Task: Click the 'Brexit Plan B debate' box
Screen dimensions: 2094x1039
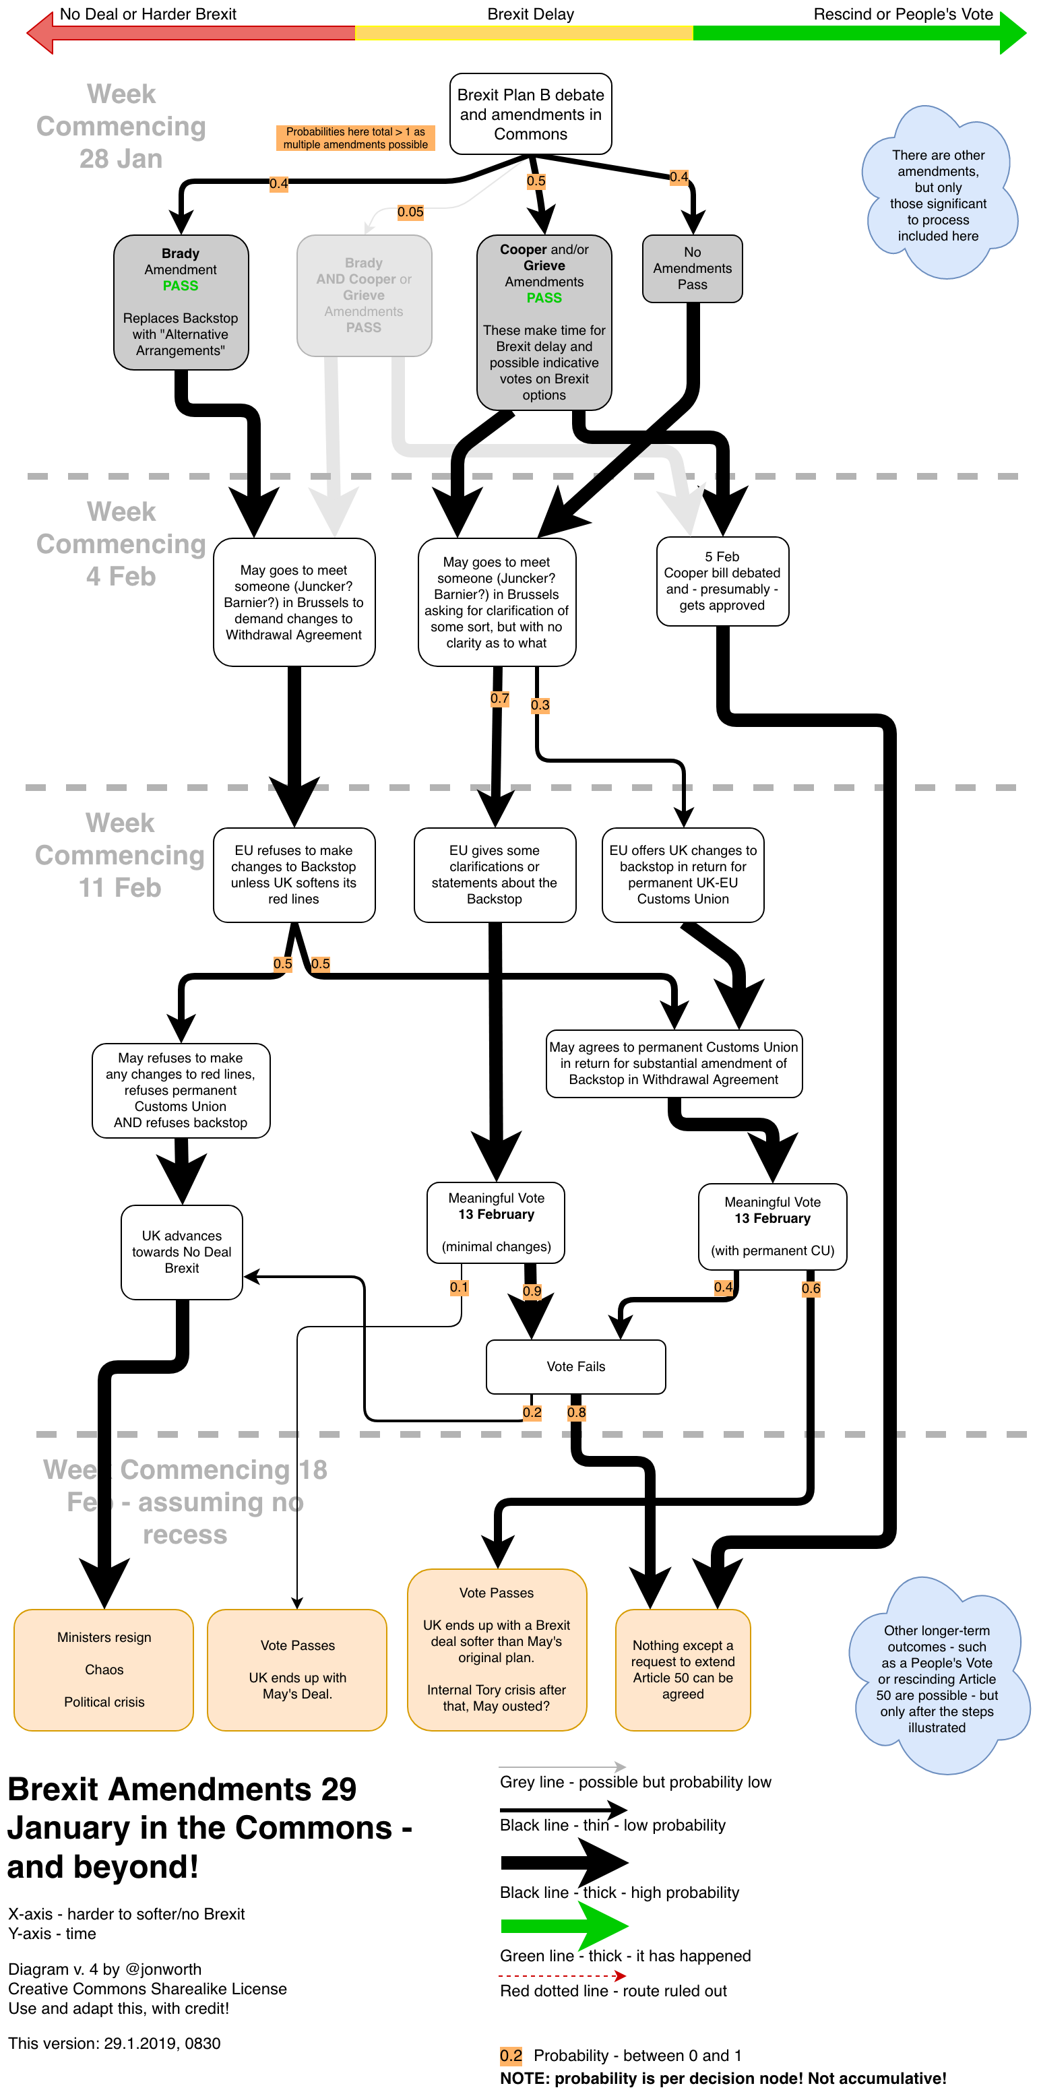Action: [x=530, y=114]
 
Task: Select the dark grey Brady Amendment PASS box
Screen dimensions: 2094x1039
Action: [x=181, y=302]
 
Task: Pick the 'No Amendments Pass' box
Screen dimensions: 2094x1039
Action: [x=692, y=268]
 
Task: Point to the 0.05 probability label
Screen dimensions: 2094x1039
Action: [x=410, y=212]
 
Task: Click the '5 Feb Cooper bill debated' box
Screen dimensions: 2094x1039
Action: [x=722, y=581]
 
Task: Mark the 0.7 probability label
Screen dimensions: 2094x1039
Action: [x=499, y=698]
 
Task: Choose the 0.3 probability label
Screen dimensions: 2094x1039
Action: [x=540, y=705]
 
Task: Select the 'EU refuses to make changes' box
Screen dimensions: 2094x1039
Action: [x=294, y=875]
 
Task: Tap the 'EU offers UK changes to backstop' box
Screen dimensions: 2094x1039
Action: [x=683, y=875]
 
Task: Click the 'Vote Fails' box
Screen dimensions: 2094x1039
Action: [x=575, y=1366]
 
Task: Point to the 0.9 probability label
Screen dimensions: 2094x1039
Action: [x=532, y=1291]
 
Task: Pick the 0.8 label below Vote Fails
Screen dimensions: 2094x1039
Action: [x=576, y=1413]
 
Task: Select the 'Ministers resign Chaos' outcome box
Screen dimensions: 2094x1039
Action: [x=104, y=1670]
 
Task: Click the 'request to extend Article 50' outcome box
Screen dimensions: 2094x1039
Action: [x=683, y=1670]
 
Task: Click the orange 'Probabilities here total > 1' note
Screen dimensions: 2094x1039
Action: [x=355, y=137]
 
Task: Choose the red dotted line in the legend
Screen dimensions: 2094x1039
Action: [x=562, y=1975]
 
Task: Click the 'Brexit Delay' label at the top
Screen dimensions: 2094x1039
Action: [x=530, y=14]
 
